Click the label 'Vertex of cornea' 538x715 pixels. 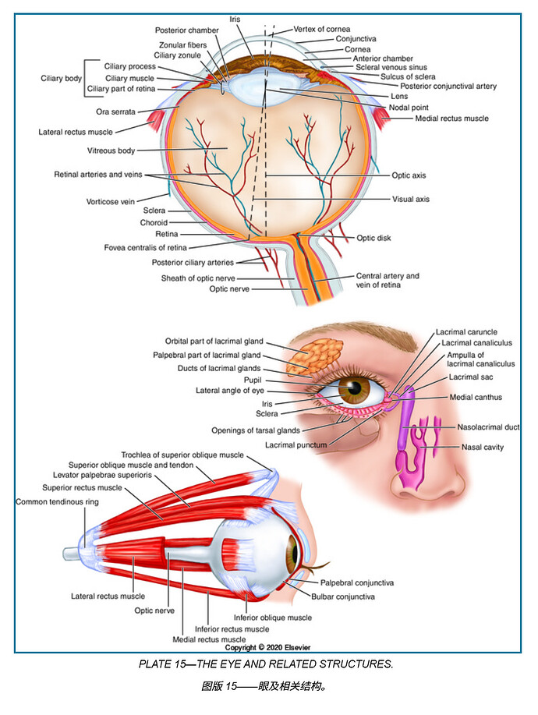[x=322, y=29]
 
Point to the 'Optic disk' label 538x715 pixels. [x=373, y=238]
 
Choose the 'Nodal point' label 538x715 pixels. [x=409, y=107]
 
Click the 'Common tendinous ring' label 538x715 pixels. [x=57, y=502]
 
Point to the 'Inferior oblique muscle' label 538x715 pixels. [x=278, y=618]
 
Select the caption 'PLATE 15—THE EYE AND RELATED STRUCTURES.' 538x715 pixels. [x=266, y=664]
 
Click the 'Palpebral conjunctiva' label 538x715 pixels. [x=356, y=582]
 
